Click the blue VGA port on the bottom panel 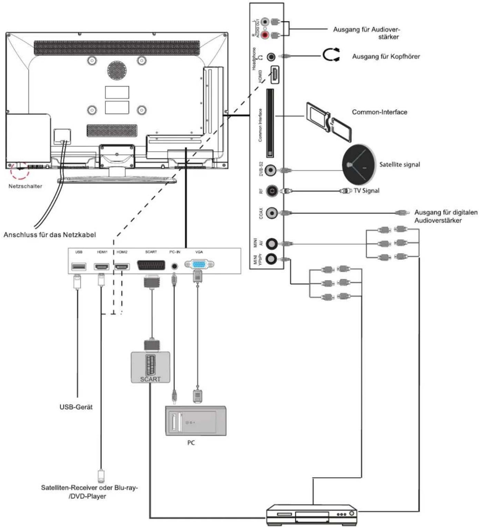point(199,265)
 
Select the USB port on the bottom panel point(79,266)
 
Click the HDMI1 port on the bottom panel point(102,267)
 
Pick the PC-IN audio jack point(174,266)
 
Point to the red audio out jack point(265,35)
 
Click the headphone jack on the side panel point(272,56)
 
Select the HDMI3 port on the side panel point(275,75)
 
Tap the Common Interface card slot point(270,123)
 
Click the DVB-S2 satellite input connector point(271,170)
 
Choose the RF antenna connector point(272,191)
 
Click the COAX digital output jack point(272,213)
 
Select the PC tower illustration point(196,421)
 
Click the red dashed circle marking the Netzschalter point(19,170)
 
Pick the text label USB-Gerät point(76,407)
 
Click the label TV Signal point(366,191)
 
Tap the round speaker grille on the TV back point(117,70)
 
